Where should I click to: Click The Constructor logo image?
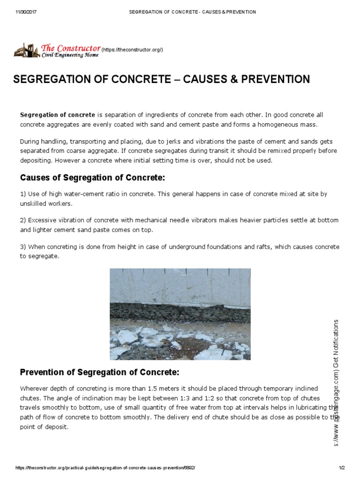pyautogui.click(x=56, y=51)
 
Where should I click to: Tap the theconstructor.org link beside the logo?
pyautogui.click(x=132, y=50)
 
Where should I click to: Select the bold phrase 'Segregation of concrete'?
pyautogui.click(x=57, y=115)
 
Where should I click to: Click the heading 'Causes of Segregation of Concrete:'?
pyautogui.click(x=92, y=178)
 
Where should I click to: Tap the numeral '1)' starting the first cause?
pyautogui.click(x=23, y=194)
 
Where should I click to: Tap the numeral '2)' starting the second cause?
pyautogui.click(x=23, y=220)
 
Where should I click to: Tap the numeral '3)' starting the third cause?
pyautogui.click(x=23, y=247)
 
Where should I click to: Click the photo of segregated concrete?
pyautogui.click(x=180, y=314)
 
